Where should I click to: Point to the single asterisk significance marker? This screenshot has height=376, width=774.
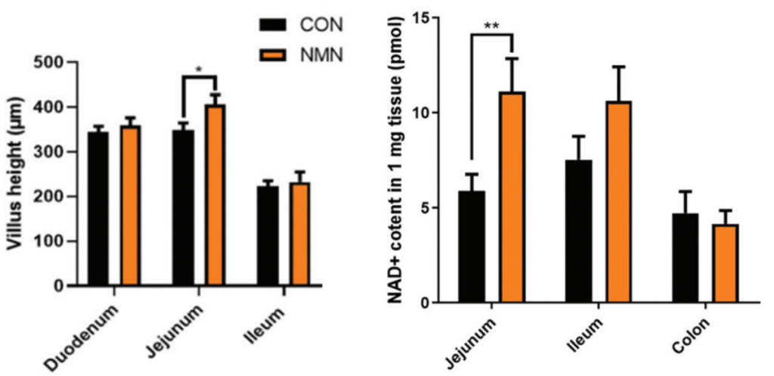(x=199, y=70)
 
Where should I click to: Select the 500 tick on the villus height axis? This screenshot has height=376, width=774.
(x=49, y=62)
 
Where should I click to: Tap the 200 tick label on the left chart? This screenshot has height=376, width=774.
(x=49, y=197)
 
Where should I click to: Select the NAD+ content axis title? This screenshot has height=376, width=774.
(x=395, y=159)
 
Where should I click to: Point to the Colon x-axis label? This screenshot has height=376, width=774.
(x=690, y=334)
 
